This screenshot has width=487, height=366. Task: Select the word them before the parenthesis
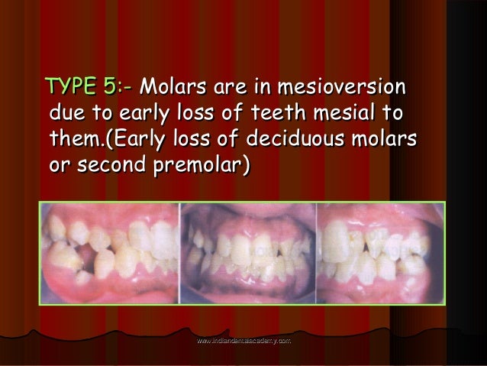tap(79, 140)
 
